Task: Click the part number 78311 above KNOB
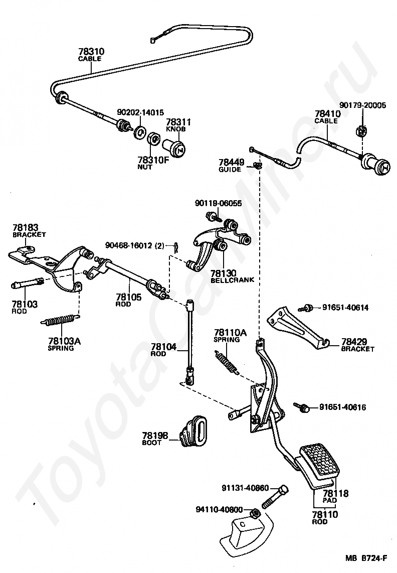tap(178, 122)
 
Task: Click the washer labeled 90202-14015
tap(139, 131)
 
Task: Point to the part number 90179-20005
tap(362, 105)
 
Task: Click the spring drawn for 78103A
tap(61, 320)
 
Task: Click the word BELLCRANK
tap(232, 280)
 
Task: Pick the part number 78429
tap(354, 342)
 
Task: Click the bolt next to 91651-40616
tap(302, 407)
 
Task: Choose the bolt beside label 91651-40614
tap(306, 308)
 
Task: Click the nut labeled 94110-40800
tap(255, 513)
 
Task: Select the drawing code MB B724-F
tap(366, 558)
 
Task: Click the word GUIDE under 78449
tap(230, 170)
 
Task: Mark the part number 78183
tap(25, 228)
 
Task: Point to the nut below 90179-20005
tap(361, 130)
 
